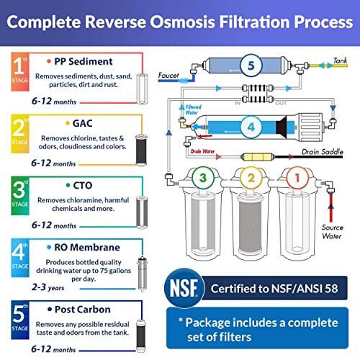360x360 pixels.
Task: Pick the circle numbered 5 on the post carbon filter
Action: coord(248,65)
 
